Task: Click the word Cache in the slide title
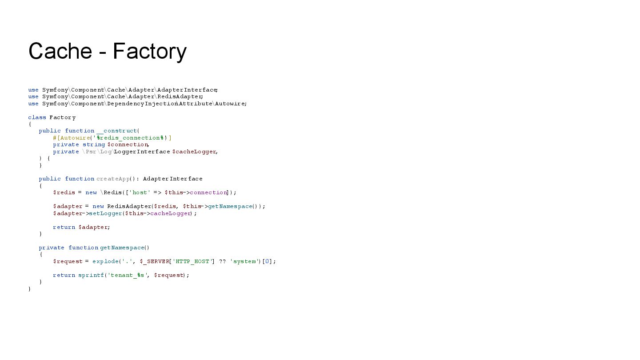60,51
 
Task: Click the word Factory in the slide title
149,51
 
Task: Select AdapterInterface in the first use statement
187,90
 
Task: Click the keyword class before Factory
37,117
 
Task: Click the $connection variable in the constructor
128,144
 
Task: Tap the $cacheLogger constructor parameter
194,152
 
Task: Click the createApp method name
113,179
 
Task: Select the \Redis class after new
111,192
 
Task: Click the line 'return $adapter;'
81,227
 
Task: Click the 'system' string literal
244,261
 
